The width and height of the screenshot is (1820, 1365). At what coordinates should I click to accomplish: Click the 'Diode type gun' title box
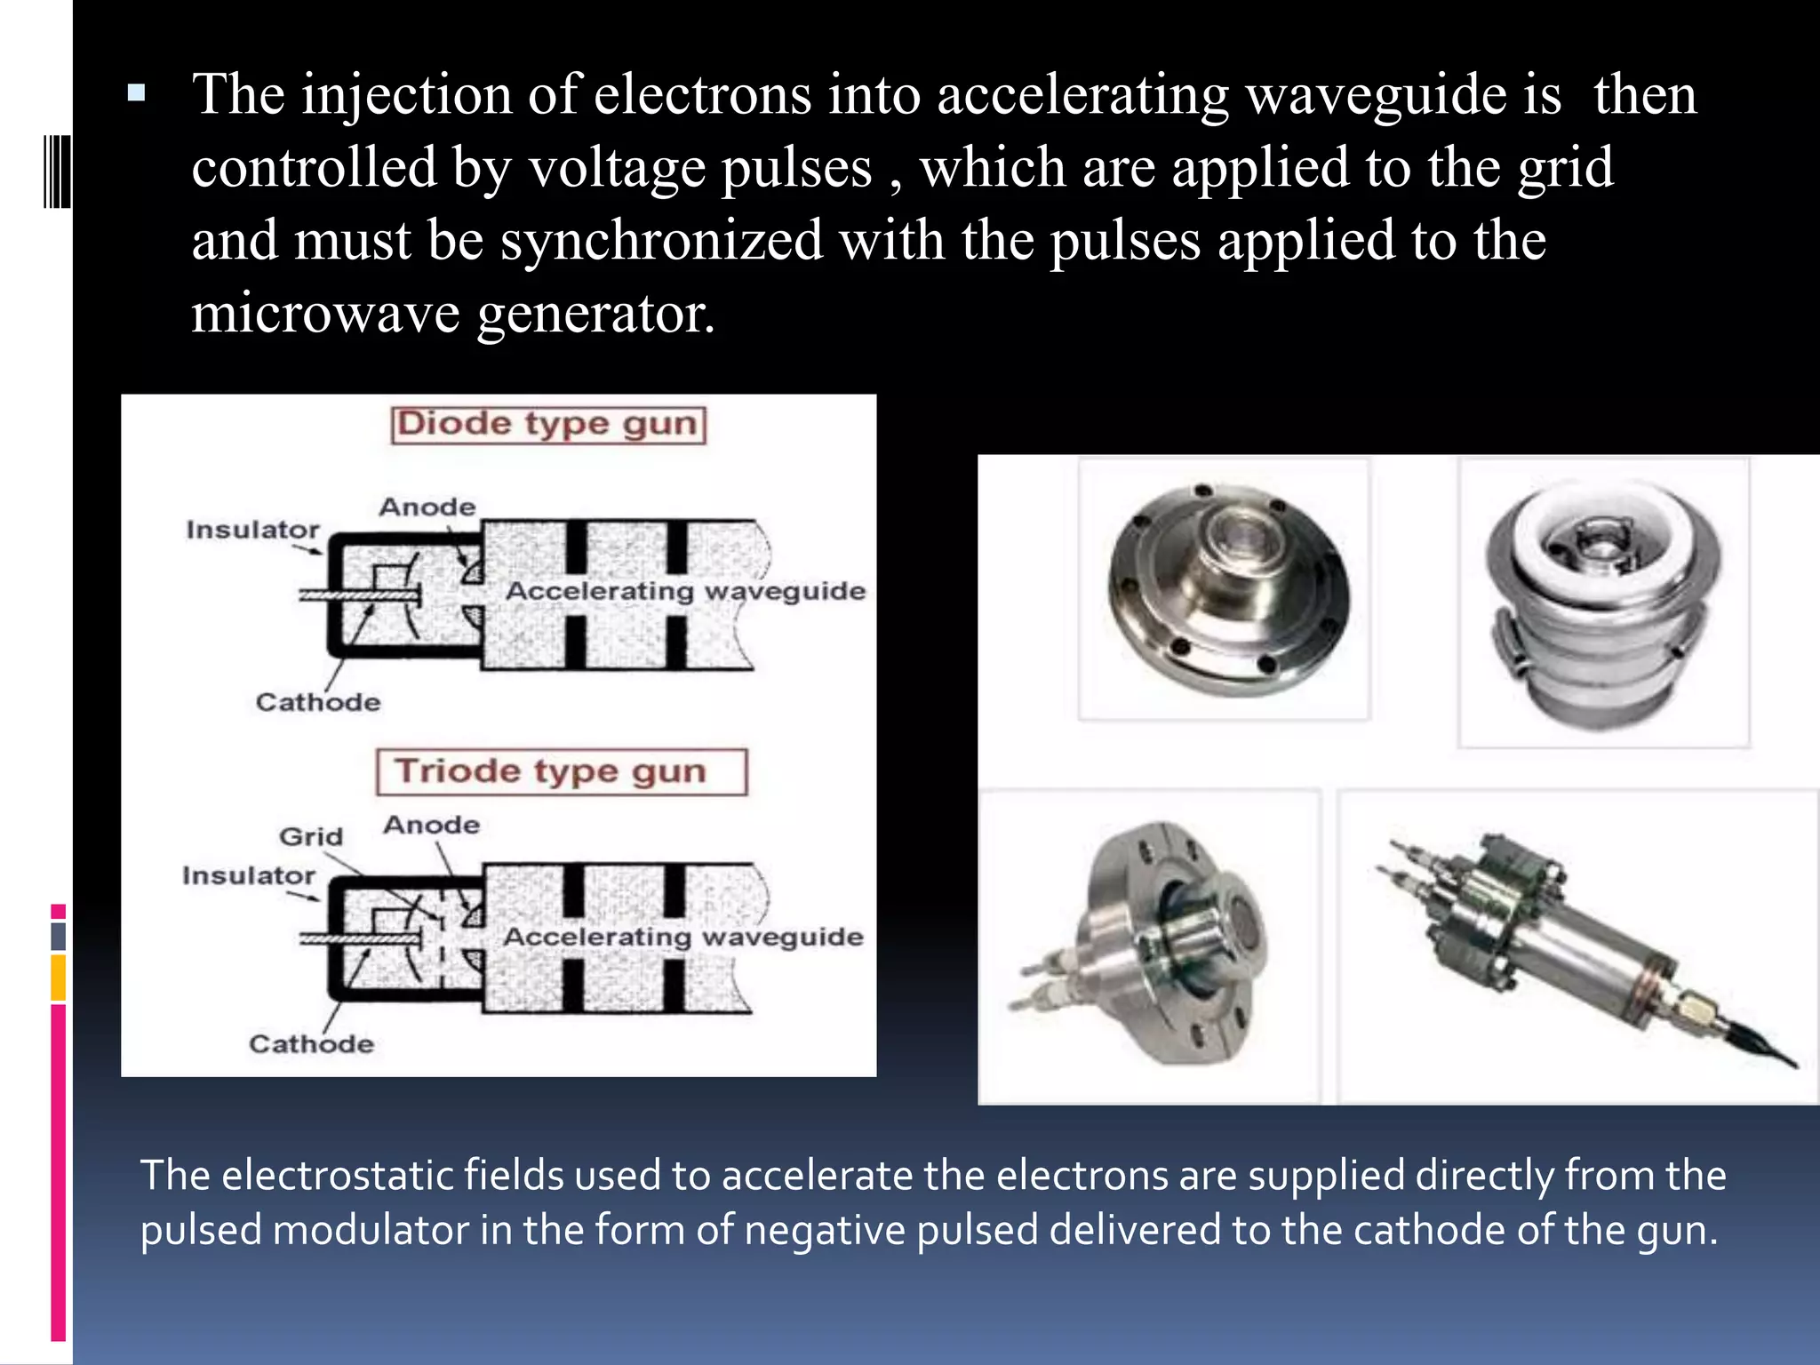pos(547,425)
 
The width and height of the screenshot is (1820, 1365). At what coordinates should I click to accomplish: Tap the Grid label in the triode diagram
pos(311,836)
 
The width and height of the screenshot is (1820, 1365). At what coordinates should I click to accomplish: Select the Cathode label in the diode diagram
pos(318,702)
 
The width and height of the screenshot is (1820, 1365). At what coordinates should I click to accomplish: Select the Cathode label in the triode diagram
pos(311,1043)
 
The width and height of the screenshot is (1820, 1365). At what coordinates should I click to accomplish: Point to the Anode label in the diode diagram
pos(427,507)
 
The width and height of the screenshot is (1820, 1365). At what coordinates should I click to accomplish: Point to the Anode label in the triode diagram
pos(432,825)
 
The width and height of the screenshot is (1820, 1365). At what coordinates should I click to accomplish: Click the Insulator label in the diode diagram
pos(252,530)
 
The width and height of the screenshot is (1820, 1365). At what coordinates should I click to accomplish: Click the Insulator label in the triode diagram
pos(249,875)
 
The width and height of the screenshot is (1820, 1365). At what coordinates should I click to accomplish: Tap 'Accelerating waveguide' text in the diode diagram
pos(685,591)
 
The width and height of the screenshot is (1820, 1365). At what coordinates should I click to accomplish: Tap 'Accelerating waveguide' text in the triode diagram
pos(682,937)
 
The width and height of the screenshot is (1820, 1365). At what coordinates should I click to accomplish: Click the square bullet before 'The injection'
pos(136,92)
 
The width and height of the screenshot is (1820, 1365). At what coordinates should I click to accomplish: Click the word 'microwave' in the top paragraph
pos(326,314)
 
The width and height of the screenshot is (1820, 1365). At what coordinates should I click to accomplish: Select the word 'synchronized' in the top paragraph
pos(661,241)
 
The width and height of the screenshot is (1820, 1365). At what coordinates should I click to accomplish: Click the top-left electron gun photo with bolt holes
pos(1228,589)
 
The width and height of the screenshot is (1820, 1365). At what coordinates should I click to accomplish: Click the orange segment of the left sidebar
pos(58,978)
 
